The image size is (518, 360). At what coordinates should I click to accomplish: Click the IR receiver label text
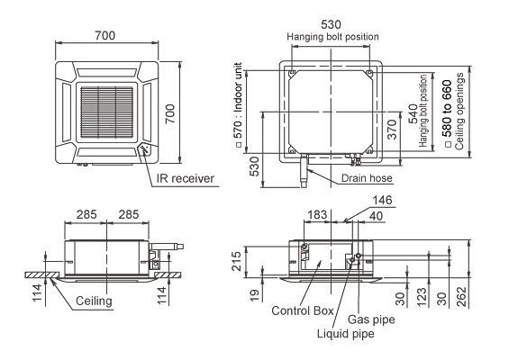(186, 178)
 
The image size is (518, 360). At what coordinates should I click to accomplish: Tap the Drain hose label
(367, 178)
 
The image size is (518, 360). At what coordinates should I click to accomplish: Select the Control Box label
(303, 310)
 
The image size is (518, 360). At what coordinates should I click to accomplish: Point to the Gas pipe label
(371, 319)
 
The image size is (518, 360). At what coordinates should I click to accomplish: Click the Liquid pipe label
(346, 334)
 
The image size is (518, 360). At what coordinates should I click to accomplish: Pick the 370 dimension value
(392, 130)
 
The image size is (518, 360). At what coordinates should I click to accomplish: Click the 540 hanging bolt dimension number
(413, 113)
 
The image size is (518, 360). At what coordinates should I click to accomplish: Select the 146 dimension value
(382, 200)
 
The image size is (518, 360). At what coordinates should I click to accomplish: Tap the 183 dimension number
(317, 214)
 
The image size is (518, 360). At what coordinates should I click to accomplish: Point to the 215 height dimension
(236, 261)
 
